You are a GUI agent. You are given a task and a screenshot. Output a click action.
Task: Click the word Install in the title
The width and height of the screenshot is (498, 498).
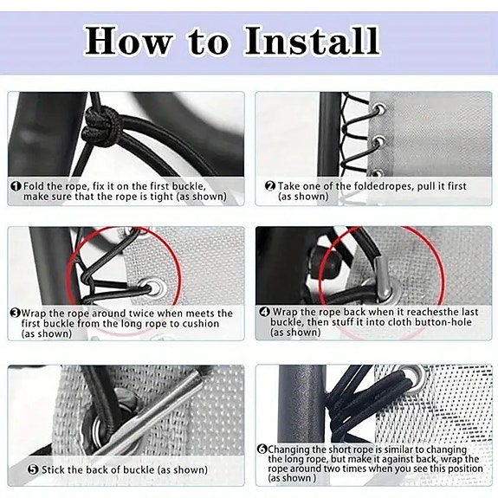(x=312, y=41)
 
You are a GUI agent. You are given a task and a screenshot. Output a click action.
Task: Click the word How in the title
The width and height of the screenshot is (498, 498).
(x=129, y=41)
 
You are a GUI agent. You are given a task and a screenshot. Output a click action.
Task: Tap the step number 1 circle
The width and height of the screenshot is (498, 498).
(x=16, y=186)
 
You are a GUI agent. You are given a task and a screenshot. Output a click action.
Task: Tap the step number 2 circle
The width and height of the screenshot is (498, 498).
(x=270, y=186)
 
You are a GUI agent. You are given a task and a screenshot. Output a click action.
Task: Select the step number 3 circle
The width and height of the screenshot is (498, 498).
(x=15, y=314)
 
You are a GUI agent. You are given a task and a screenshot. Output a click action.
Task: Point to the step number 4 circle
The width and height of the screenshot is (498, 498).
(x=264, y=312)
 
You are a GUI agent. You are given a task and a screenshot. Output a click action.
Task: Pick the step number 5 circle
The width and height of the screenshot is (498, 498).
(x=34, y=469)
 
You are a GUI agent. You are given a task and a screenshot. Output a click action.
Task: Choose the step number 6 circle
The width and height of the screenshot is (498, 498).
(x=262, y=449)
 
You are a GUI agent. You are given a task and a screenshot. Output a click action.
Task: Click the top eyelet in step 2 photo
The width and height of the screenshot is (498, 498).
(x=379, y=109)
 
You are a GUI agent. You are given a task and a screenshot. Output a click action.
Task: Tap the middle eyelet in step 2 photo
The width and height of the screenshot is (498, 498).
(x=378, y=140)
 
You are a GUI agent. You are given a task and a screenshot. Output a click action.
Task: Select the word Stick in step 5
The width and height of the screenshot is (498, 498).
(x=52, y=469)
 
